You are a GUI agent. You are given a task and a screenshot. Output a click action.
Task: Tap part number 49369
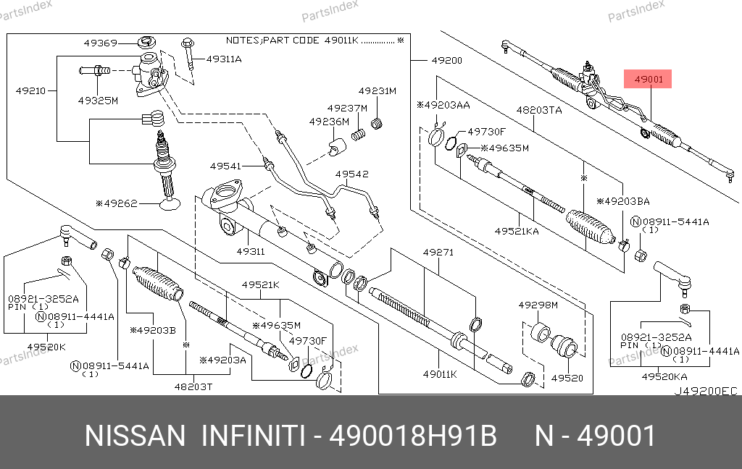point(100,43)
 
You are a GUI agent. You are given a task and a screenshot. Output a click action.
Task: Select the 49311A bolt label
point(224,59)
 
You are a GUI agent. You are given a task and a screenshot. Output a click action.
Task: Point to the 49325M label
point(98,100)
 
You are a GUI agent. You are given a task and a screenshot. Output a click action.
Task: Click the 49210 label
point(31,91)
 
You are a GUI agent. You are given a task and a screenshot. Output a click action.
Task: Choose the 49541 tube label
point(225,166)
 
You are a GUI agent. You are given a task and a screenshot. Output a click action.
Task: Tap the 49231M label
point(378,91)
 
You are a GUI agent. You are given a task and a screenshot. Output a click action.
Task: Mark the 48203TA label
point(539,111)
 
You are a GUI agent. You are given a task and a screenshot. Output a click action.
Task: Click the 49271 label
point(438,253)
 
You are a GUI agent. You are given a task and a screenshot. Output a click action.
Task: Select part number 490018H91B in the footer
point(413,437)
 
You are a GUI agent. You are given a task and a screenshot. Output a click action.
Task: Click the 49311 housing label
point(249,252)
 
